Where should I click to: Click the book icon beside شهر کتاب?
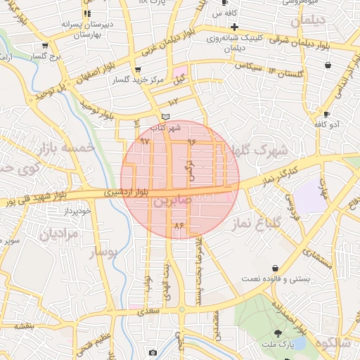165,117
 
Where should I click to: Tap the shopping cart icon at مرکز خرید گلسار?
136,70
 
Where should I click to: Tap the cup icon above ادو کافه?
326,114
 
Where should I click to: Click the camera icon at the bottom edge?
152,352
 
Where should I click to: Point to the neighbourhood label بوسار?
107,250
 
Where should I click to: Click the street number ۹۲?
146,141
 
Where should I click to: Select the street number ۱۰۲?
174,103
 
